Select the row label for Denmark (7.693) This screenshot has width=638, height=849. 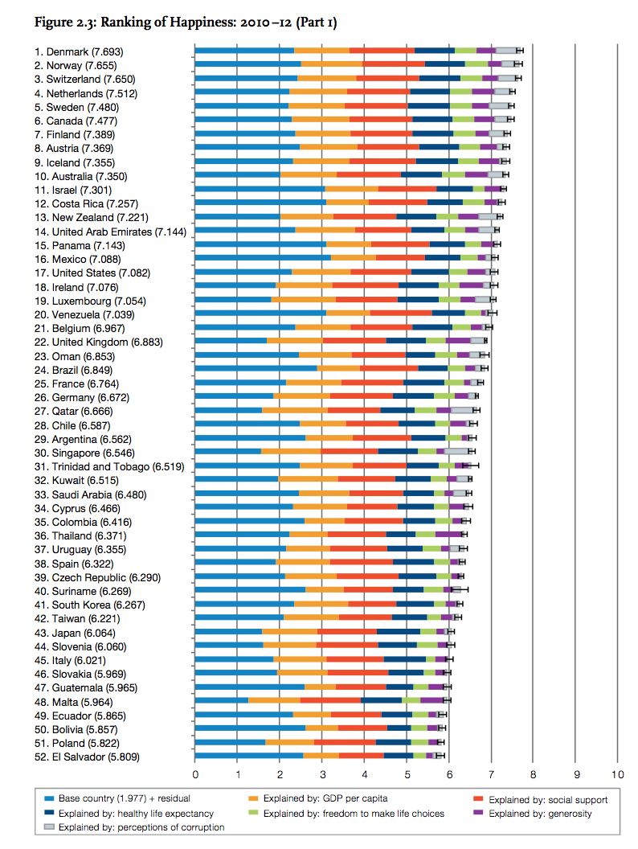coord(84,51)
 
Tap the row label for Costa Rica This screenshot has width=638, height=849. coord(86,203)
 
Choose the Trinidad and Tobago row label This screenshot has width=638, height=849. coord(104,466)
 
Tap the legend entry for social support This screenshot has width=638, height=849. coord(546,800)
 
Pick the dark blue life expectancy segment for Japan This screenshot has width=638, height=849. coord(398,632)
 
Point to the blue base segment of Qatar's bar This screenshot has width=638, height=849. coord(228,410)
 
